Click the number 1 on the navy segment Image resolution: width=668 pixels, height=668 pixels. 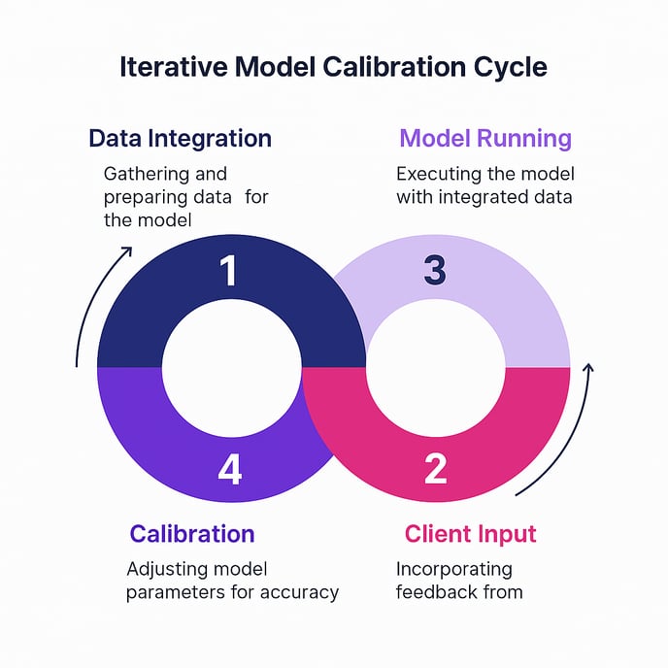[228, 271]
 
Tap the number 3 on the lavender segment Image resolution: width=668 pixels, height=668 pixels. [435, 271]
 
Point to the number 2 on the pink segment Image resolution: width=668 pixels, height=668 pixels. [436, 469]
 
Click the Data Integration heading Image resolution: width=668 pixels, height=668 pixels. [180, 138]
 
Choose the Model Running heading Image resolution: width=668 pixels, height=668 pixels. [485, 138]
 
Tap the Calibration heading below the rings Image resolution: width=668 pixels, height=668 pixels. [192, 534]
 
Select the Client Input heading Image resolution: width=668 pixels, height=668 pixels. [470, 534]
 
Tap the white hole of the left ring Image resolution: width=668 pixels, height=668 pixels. [229, 368]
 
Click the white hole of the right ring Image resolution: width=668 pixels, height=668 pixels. [436, 368]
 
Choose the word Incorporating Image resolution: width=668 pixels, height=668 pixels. [453, 568]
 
